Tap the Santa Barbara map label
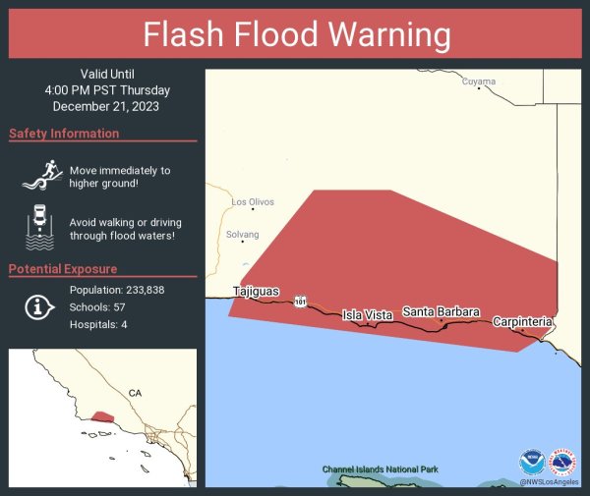[441, 311]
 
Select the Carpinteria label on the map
[522, 321]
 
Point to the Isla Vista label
[367, 314]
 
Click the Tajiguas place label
[256, 291]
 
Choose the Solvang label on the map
[243, 235]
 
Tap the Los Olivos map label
[253, 202]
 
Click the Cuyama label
[479, 82]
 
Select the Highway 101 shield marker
[300, 303]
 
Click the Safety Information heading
[64, 134]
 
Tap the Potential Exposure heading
[63, 269]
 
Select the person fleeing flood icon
[39, 177]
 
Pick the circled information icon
[38, 307]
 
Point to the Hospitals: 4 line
[98, 324]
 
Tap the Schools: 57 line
[96, 307]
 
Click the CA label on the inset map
[135, 393]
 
